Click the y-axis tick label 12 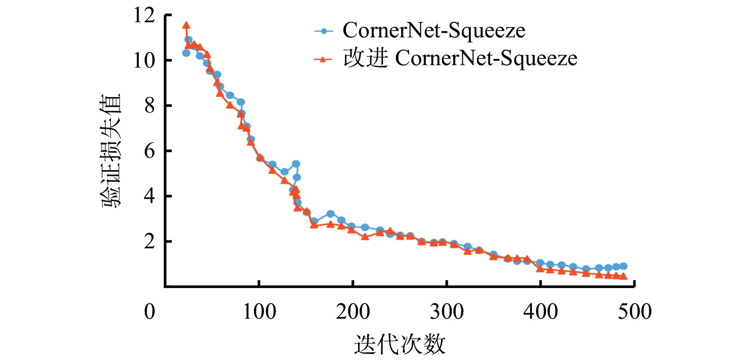144,16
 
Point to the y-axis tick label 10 144,61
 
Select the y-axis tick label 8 149,106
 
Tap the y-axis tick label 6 149,151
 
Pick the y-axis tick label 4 149,196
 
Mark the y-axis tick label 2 149,242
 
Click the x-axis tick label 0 149,312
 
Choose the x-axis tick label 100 259,312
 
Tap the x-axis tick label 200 353,312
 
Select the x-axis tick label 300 447,312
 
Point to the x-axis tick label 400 540,312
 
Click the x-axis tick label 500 635,312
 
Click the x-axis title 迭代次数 400,344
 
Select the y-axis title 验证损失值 110,151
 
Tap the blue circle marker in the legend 324,31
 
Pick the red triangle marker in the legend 323,59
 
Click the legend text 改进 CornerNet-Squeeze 460,58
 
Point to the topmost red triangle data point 186,25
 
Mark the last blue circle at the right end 623,266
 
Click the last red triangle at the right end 623,276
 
